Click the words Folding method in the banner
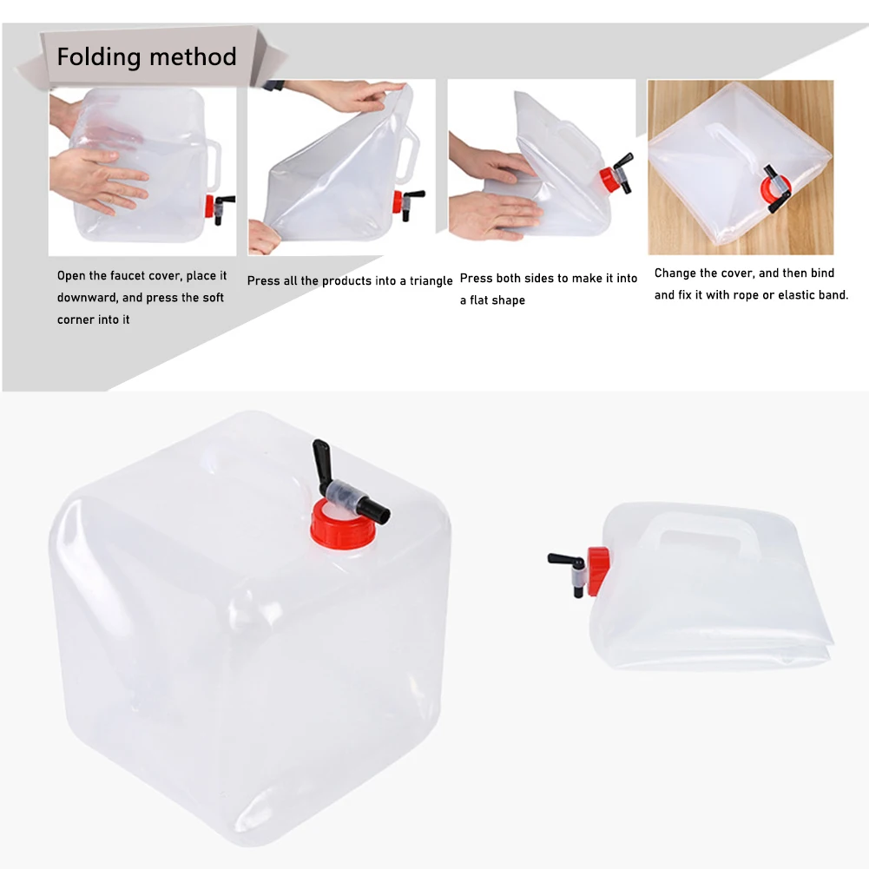pyautogui.click(x=147, y=57)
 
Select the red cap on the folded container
pyautogui.click(x=597, y=570)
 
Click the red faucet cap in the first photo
pyautogui.click(x=209, y=207)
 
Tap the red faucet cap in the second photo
pyautogui.click(x=397, y=201)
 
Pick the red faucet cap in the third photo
pyautogui.click(x=606, y=180)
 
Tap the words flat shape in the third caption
pyautogui.click(x=492, y=300)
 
